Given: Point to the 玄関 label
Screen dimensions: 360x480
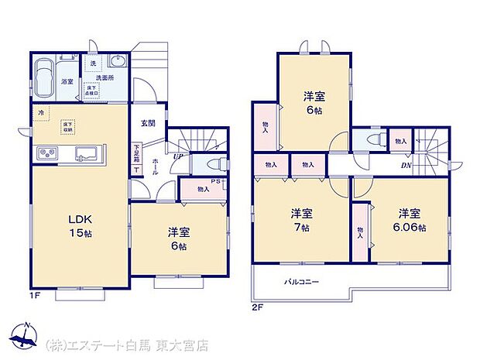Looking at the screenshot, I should pos(148,123).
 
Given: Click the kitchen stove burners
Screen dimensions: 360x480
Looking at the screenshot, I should pos(47,153).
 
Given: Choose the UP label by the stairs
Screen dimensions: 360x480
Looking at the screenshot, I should pos(177,156).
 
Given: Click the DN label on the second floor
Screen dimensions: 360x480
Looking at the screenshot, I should pos(406,165).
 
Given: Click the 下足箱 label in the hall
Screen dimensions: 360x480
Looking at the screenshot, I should pos(136,152).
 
